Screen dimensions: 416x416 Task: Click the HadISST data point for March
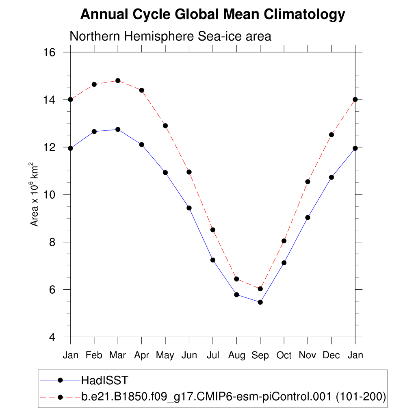pos(118,130)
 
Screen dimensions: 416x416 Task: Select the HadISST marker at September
pos(260,302)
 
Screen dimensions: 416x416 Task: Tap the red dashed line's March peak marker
pos(118,81)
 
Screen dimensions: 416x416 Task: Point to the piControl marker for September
pos(260,289)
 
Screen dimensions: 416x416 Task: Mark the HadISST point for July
pos(213,260)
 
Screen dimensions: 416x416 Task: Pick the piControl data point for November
pos(308,182)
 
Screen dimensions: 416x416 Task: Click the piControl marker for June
pos(189,172)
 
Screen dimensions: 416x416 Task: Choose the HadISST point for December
pos(331,178)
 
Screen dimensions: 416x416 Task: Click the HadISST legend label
pos(105,381)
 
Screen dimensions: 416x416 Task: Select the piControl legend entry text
pos(234,396)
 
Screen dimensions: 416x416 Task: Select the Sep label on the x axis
pos(260,356)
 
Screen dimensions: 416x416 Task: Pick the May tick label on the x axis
pos(165,356)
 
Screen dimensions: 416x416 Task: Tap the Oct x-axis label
pos(284,355)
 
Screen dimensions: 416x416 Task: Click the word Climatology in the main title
pos(304,15)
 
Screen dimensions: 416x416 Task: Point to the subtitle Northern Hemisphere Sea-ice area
pos(170,36)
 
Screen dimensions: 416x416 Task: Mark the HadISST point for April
pos(142,145)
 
